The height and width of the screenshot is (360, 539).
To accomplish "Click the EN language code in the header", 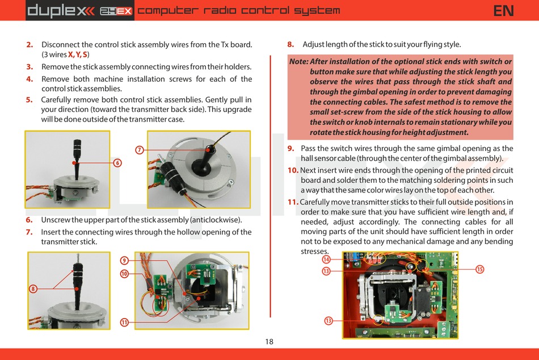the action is pos(504,10).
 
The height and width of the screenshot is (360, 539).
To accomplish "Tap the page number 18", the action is pos(269,341).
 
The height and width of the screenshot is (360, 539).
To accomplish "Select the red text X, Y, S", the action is pos(78,55).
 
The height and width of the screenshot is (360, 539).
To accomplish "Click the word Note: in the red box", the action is pos(298,62).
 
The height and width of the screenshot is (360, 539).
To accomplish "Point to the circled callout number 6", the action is pos(117,162).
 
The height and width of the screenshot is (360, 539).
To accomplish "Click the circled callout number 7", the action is pos(139,150).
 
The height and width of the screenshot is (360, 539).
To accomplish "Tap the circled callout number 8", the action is pos(33,288).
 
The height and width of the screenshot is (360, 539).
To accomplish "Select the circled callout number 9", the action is pos(124,261).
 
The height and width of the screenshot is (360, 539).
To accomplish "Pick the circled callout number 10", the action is pos(124,274).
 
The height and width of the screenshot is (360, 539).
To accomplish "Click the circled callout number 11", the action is pos(124,323).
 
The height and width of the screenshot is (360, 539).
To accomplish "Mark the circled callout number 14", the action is pos(326,259).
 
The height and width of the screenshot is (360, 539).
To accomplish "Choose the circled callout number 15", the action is pos(480,269).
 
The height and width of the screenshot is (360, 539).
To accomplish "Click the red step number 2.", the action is pos(30,44).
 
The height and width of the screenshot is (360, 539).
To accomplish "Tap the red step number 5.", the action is pos(30,99).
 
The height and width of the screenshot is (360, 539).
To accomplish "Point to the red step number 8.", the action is pos(290,44).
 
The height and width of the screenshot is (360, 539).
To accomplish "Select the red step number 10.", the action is pos(293,170).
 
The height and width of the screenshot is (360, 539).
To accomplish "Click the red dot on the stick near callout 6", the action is pos(74,163).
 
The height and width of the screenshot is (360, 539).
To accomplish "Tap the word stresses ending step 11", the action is pos(314,252).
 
